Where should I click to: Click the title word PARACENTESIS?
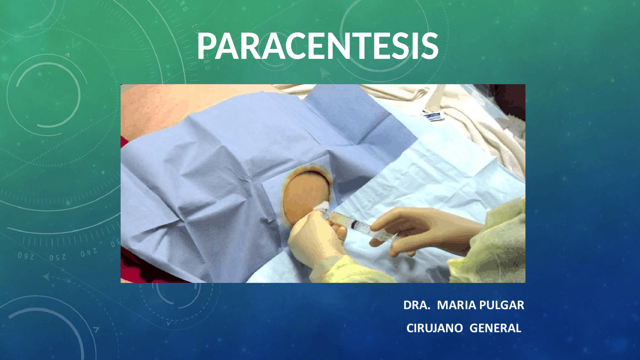click(317, 46)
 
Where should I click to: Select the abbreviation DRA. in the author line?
click(416, 305)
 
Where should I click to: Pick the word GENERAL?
click(495, 328)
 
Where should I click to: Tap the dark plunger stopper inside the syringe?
click(354, 225)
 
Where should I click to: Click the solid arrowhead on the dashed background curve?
click(46, 276)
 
